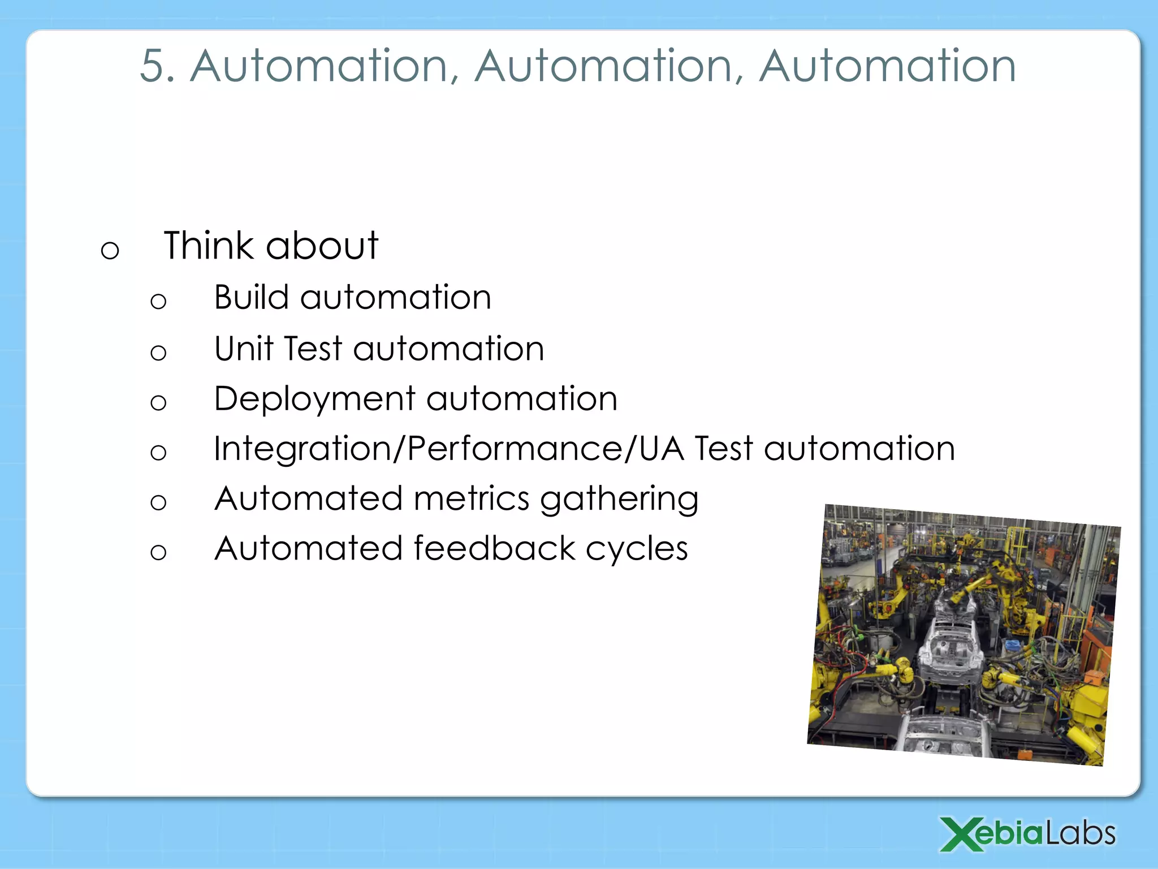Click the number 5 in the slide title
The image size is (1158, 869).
[x=156, y=66]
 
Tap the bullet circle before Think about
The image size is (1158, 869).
[x=110, y=249]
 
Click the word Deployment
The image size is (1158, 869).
[x=315, y=399]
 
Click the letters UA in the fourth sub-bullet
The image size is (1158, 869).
[x=661, y=449]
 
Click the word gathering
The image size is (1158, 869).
[x=619, y=500]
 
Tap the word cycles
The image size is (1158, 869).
[x=637, y=550]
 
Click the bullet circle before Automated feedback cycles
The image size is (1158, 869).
[x=158, y=552]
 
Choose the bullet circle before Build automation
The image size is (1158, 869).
[x=158, y=301]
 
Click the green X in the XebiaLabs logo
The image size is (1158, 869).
[x=961, y=834]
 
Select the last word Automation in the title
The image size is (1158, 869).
[x=887, y=66]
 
